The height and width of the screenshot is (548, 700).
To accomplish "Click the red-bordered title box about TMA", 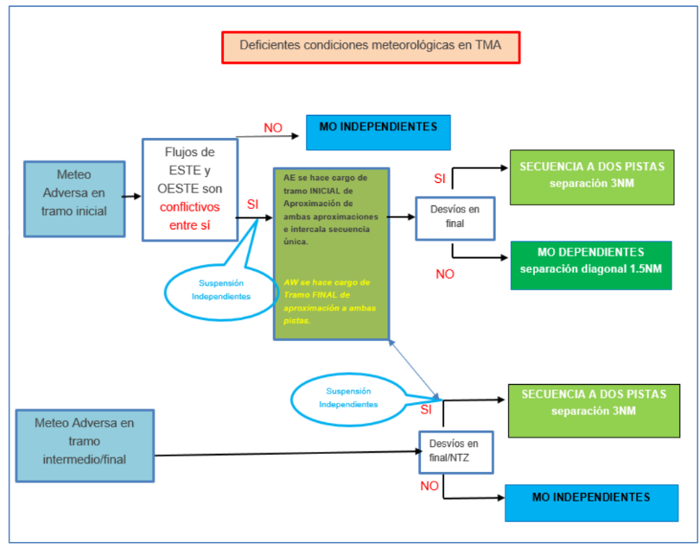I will click(x=372, y=47).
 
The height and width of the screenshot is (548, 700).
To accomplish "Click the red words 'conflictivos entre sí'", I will click(x=190, y=216).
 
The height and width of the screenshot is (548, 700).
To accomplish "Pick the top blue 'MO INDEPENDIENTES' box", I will click(x=378, y=132).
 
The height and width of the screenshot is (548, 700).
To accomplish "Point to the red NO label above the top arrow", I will click(x=273, y=128).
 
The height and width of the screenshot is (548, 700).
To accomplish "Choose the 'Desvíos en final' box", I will click(x=455, y=217).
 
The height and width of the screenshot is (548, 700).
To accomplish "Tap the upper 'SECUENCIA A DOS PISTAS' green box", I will click(x=592, y=176).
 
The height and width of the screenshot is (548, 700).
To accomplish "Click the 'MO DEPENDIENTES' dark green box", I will click(x=590, y=261).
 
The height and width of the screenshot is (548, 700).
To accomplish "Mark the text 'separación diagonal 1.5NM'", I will click(x=590, y=269).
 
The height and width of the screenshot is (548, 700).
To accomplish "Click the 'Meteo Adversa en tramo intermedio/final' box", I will click(x=86, y=440).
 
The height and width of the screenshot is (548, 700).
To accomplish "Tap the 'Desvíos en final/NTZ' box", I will click(x=455, y=451).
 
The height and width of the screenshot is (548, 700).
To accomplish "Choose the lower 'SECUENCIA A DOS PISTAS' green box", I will click(x=594, y=410).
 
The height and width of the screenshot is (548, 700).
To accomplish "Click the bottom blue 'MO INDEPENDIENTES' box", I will click(x=592, y=503).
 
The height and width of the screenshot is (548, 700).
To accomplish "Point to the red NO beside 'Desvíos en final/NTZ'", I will click(x=430, y=487).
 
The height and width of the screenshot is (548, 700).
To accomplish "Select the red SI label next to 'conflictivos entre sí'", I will click(x=252, y=205).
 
